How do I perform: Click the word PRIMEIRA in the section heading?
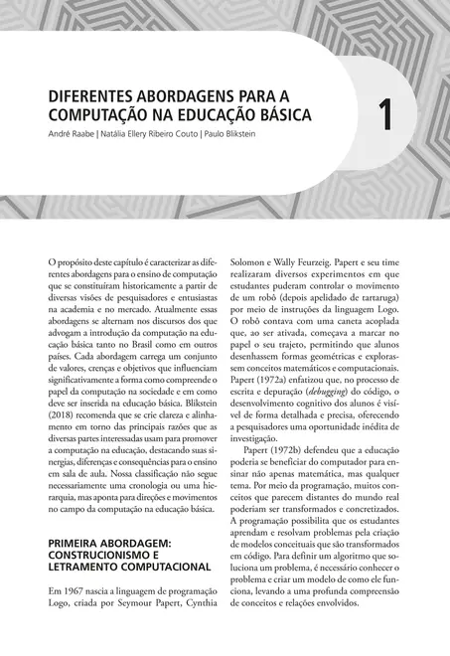point(80,544)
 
